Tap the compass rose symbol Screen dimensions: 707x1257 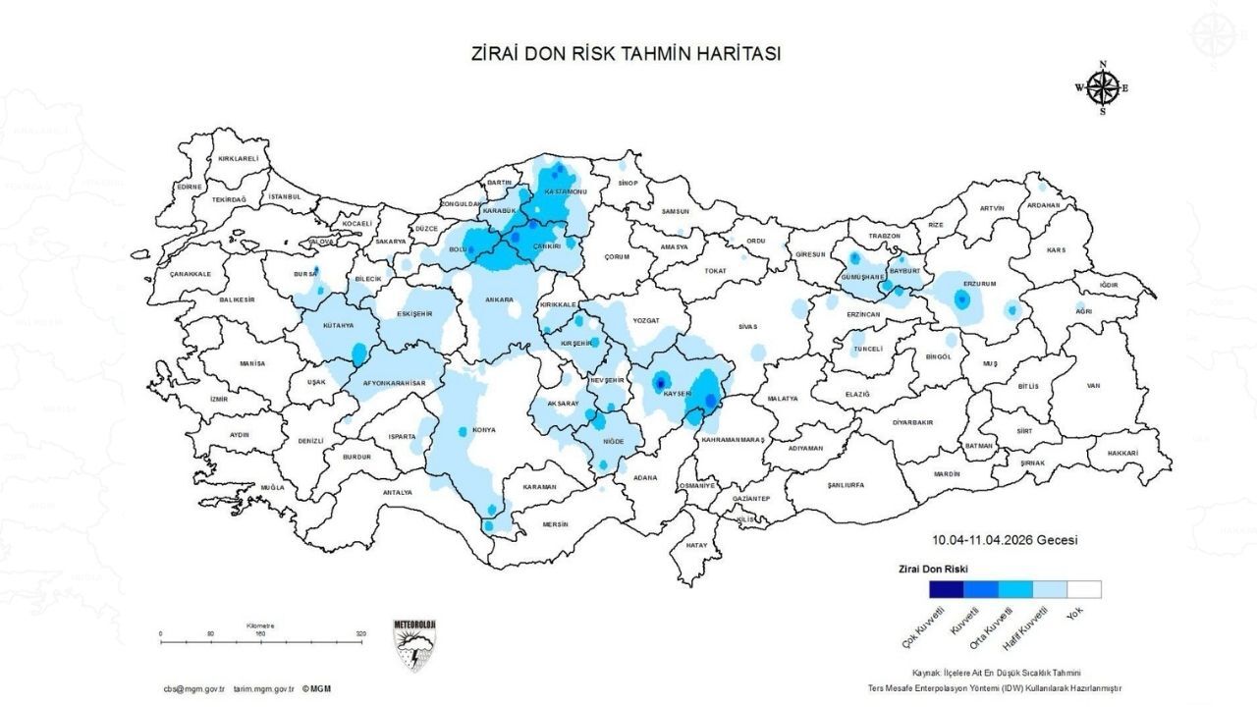pos(1103,88)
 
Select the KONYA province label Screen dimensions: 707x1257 pos(484,430)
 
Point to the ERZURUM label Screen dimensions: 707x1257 pos(979,283)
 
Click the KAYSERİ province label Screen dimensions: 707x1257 pos(679,393)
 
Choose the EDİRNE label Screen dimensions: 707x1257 pos(189,186)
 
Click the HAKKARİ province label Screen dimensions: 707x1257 pos(1121,453)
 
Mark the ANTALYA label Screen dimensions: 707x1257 pos(398,491)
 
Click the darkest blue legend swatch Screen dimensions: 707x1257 pos(947,589)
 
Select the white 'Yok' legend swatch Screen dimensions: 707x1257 pos(1084,589)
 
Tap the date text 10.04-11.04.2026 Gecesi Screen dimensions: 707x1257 pos(1006,540)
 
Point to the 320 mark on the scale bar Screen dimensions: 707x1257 pos(361,634)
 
